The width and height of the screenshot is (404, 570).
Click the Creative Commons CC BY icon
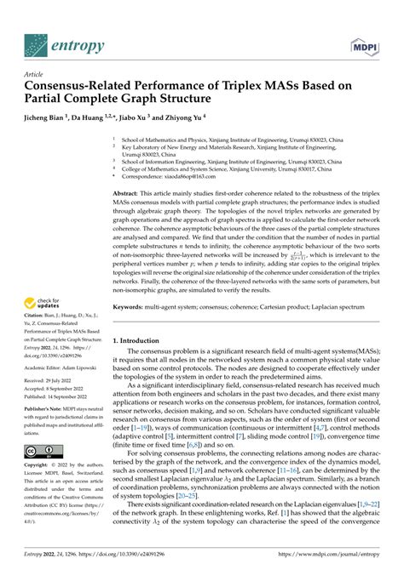(x=42, y=450)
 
